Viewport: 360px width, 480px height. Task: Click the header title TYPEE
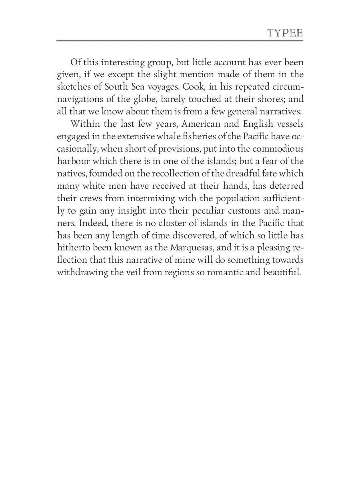point(285,33)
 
